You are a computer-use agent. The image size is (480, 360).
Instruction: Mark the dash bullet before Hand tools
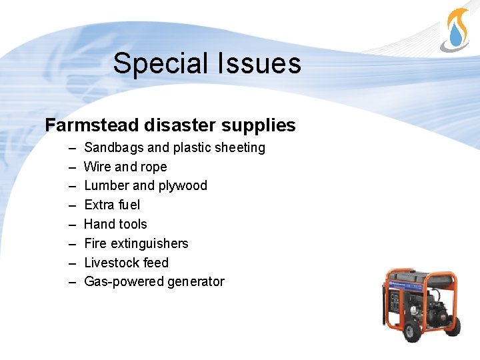click(x=72, y=224)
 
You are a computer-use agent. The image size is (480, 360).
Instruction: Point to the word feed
click(x=156, y=263)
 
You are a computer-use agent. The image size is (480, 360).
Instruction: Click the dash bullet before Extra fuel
click(x=72, y=205)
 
